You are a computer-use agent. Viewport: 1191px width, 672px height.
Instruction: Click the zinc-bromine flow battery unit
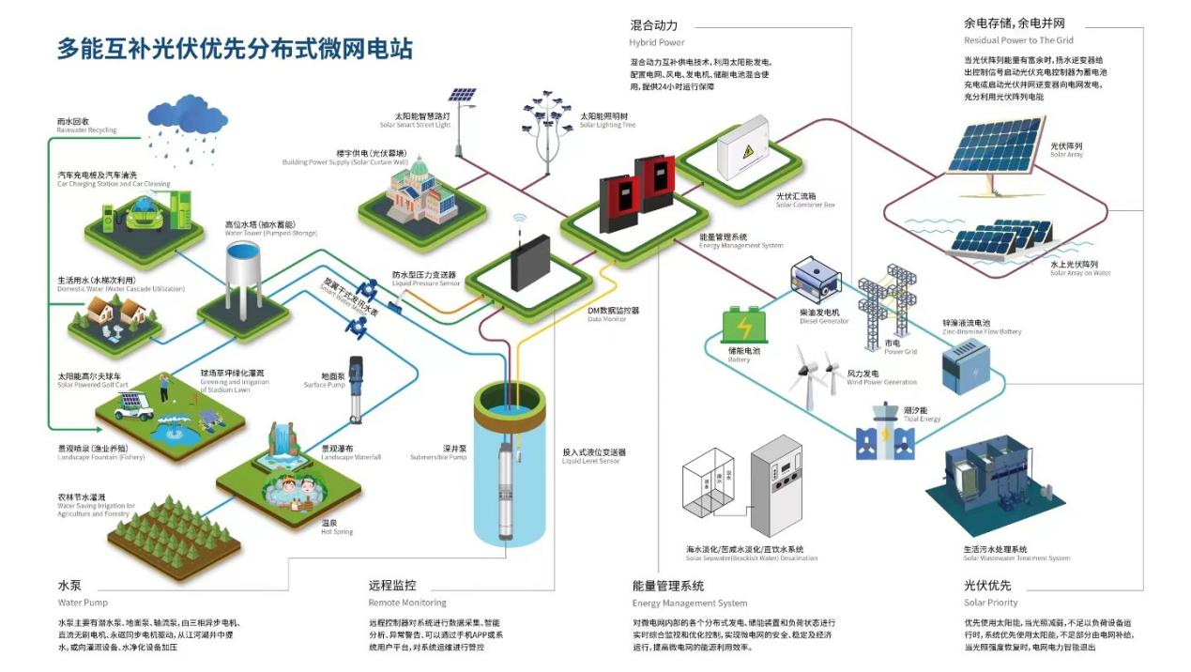click(x=966, y=365)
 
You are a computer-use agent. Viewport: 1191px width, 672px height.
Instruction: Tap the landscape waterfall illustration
click(x=279, y=444)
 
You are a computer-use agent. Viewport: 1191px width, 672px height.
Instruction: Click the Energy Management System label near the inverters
click(x=741, y=241)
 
